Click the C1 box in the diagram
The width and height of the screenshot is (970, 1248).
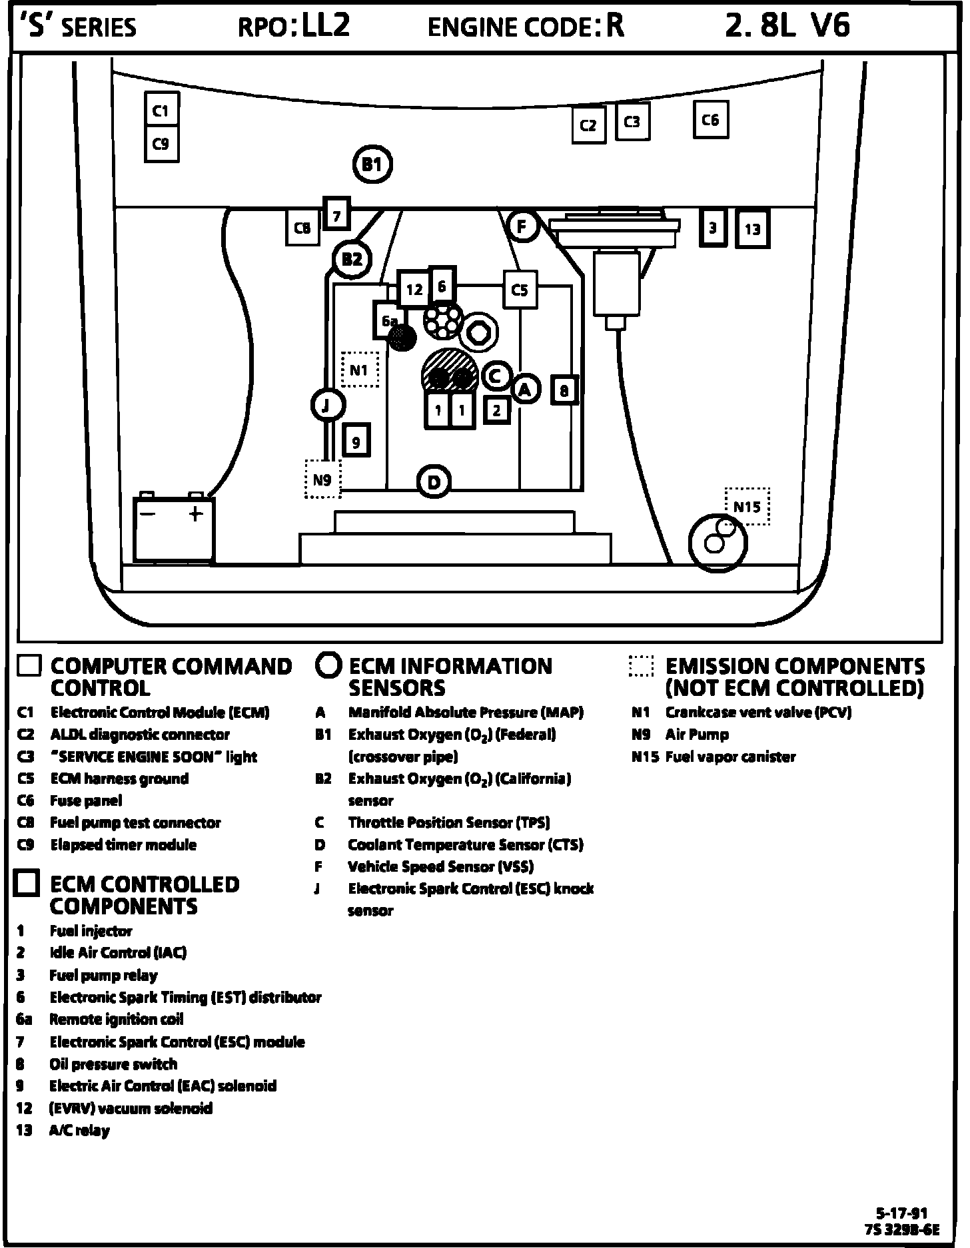pyautogui.click(x=161, y=111)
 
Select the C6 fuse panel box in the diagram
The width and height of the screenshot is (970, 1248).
pyautogui.click(x=710, y=120)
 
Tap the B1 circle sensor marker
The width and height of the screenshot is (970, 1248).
pyautogui.click(x=372, y=164)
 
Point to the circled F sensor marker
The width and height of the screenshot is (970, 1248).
pyautogui.click(x=522, y=226)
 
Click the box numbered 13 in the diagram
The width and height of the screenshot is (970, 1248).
pyautogui.click(x=752, y=229)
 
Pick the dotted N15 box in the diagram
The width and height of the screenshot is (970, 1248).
pyautogui.click(x=747, y=507)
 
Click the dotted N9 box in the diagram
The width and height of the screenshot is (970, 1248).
pyautogui.click(x=322, y=479)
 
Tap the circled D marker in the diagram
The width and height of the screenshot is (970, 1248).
pyautogui.click(x=434, y=482)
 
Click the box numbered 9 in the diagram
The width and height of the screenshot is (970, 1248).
pyautogui.click(x=356, y=442)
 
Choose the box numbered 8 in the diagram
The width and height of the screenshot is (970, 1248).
pyautogui.click(x=564, y=390)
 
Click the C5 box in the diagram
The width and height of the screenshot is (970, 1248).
pyautogui.click(x=520, y=290)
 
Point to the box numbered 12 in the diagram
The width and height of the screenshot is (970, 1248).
pyautogui.click(x=414, y=289)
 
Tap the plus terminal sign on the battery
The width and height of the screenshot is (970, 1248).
pyautogui.click(x=195, y=514)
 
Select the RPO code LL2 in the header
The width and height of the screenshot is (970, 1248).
pyautogui.click(x=326, y=27)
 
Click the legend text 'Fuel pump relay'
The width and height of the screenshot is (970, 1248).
pyautogui.click(x=103, y=976)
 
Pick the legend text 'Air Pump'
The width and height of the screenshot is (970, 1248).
pyautogui.click(x=697, y=735)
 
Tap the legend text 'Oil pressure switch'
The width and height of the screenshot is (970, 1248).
pyautogui.click(x=113, y=1064)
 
